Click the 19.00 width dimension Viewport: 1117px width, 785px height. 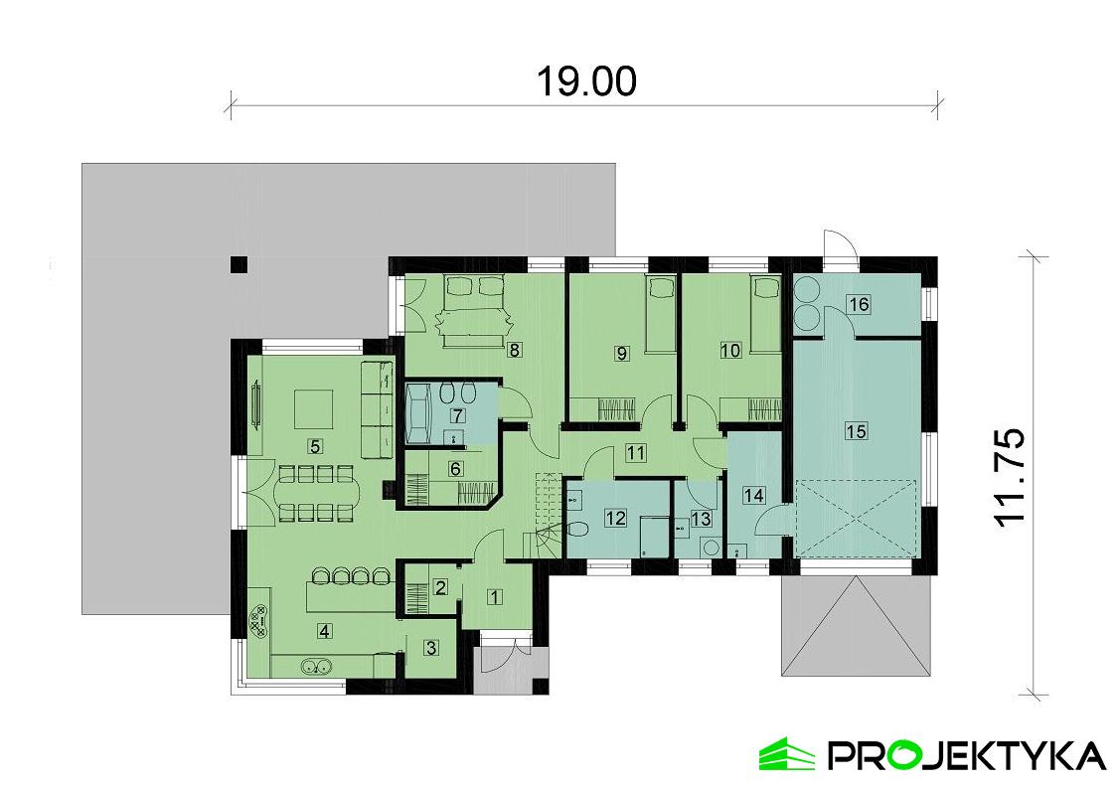tap(585, 80)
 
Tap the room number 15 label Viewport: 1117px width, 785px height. tap(857, 431)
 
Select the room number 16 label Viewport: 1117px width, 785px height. tap(860, 304)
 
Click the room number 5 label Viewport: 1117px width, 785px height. tap(315, 446)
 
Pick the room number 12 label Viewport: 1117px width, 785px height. tap(616, 518)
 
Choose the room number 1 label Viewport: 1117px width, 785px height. tap(494, 595)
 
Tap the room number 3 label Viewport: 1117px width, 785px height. tap(431, 648)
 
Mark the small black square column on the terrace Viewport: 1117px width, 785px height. tap(239, 264)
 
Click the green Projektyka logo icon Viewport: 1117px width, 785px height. tap(786, 753)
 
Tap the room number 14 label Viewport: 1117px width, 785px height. tap(754, 495)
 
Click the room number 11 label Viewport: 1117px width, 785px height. tap(635, 452)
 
